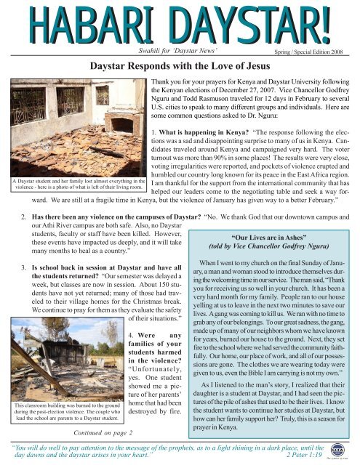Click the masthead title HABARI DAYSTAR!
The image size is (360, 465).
(x=179, y=23)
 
